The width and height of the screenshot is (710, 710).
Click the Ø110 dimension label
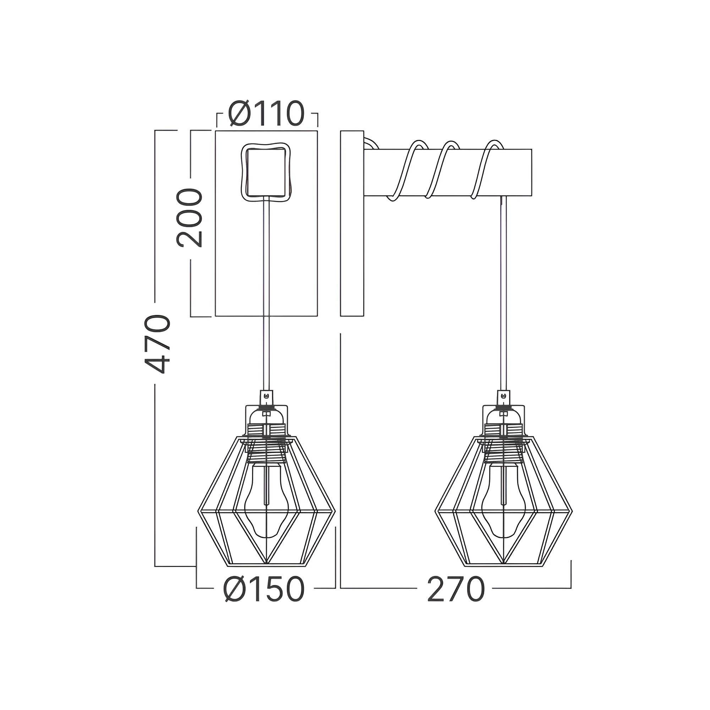267,113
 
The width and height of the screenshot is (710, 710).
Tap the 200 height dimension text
189,218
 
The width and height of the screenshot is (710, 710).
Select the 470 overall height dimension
157,344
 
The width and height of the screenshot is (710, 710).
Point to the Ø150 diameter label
264,589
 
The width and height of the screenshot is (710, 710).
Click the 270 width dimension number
456,589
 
